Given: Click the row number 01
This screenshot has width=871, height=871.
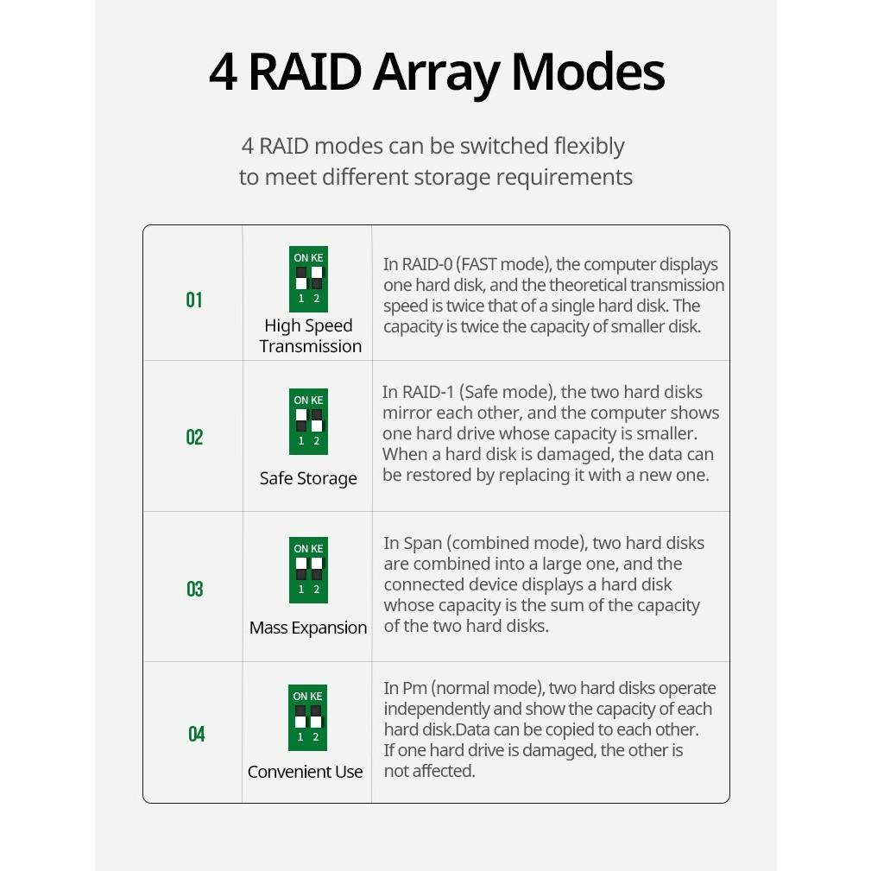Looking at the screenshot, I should point(194,300).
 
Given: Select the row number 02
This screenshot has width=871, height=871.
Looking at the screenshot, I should point(194,437).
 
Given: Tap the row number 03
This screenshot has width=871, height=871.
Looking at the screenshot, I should point(195,589).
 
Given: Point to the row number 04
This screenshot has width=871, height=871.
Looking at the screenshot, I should point(197,734).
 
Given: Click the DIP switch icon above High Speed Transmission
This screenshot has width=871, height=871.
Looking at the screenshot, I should point(308,279).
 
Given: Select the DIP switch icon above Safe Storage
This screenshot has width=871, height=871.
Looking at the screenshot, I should point(308,421).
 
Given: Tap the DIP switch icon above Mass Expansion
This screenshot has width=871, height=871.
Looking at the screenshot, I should point(308,570).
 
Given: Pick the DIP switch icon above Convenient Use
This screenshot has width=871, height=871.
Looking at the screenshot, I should point(307,717).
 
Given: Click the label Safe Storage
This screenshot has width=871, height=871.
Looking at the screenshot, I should point(308,478).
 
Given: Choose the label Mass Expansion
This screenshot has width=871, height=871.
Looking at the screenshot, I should point(308,628).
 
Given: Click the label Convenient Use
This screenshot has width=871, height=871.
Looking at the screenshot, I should point(306,772).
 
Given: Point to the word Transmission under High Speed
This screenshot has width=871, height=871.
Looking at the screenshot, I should point(311,346).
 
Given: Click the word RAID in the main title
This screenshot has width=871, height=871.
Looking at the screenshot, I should point(304,73).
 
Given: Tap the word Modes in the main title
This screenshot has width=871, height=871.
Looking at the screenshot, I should point(587,73).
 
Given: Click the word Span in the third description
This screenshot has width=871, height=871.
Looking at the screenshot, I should point(422,543).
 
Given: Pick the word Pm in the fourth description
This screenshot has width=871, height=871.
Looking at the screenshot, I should point(414,688).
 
